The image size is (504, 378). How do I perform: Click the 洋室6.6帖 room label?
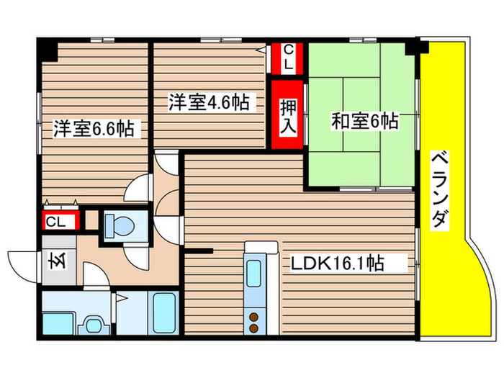click(91, 129)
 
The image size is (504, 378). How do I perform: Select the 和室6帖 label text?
click(364, 121)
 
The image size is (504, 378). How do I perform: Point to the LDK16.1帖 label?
click(336, 264)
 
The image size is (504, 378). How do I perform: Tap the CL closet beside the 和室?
click(287, 58)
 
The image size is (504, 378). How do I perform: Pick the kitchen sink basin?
click(256, 276)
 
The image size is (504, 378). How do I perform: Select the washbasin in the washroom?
click(92, 325)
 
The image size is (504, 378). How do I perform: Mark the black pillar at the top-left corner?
click(48, 50)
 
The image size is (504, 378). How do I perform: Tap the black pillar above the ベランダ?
click(416, 49)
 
